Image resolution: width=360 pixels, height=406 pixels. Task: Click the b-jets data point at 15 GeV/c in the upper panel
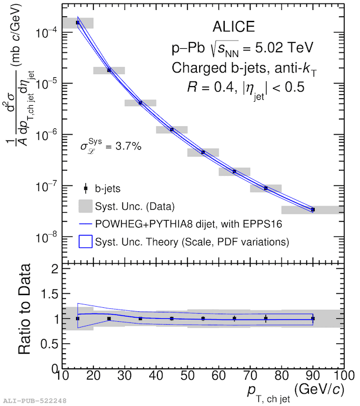(x=78, y=23)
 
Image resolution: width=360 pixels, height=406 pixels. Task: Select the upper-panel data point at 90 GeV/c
(x=313, y=210)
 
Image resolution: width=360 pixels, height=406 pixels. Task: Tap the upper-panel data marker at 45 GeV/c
(x=172, y=130)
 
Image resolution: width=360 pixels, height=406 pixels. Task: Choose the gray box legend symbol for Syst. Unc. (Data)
(x=86, y=206)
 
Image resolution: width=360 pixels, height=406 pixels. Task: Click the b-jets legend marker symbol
(x=86, y=188)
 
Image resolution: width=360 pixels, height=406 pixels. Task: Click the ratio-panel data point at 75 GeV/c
(x=266, y=318)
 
